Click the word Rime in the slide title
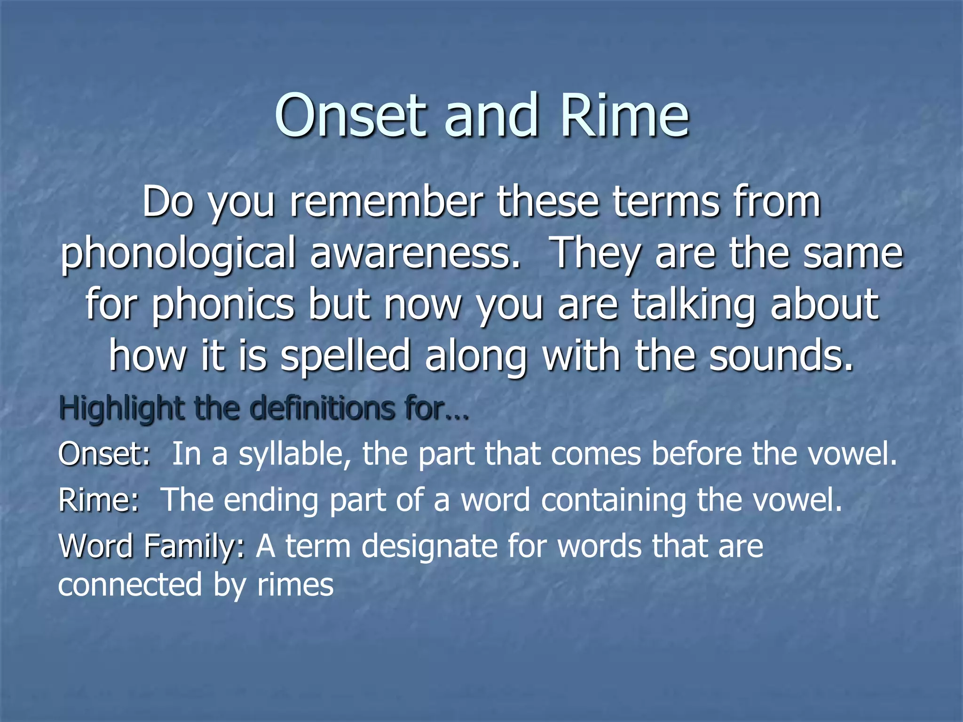click(x=624, y=116)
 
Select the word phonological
click(x=179, y=254)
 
